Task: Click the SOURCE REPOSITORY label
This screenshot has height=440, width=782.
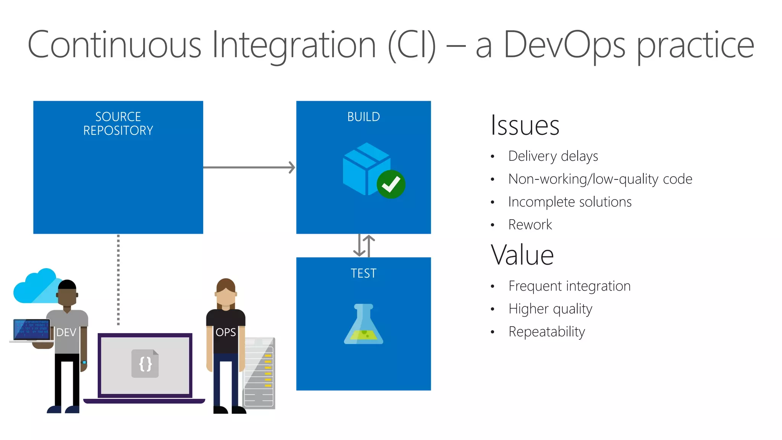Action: pos(118,123)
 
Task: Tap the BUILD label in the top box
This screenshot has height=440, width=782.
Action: pos(363,117)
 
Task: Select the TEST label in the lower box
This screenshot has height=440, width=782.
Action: pos(363,273)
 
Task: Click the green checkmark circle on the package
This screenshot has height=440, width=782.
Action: pos(391,184)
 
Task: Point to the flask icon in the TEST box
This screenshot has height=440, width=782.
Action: pos(363,325)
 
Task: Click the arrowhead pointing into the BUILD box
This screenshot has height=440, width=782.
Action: pos(292,167)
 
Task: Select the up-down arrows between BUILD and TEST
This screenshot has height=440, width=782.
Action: pos(364,246)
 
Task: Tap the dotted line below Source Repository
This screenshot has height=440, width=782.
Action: pos(118,279)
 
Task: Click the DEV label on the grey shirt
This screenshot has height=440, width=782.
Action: pos(66,333)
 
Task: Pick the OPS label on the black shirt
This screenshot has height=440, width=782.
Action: pos(226,333)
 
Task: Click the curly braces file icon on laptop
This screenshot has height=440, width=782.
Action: pos(145,364)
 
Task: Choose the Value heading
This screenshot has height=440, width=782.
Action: pos(522,255)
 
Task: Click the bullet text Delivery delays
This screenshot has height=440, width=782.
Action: pos(553,156)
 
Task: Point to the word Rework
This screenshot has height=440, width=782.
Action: pos(530,225)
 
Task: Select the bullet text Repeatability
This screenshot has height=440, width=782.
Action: pos(546,332)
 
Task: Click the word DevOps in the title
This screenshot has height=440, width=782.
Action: pos(564,45)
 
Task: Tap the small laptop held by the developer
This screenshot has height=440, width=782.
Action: pos(31,330)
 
